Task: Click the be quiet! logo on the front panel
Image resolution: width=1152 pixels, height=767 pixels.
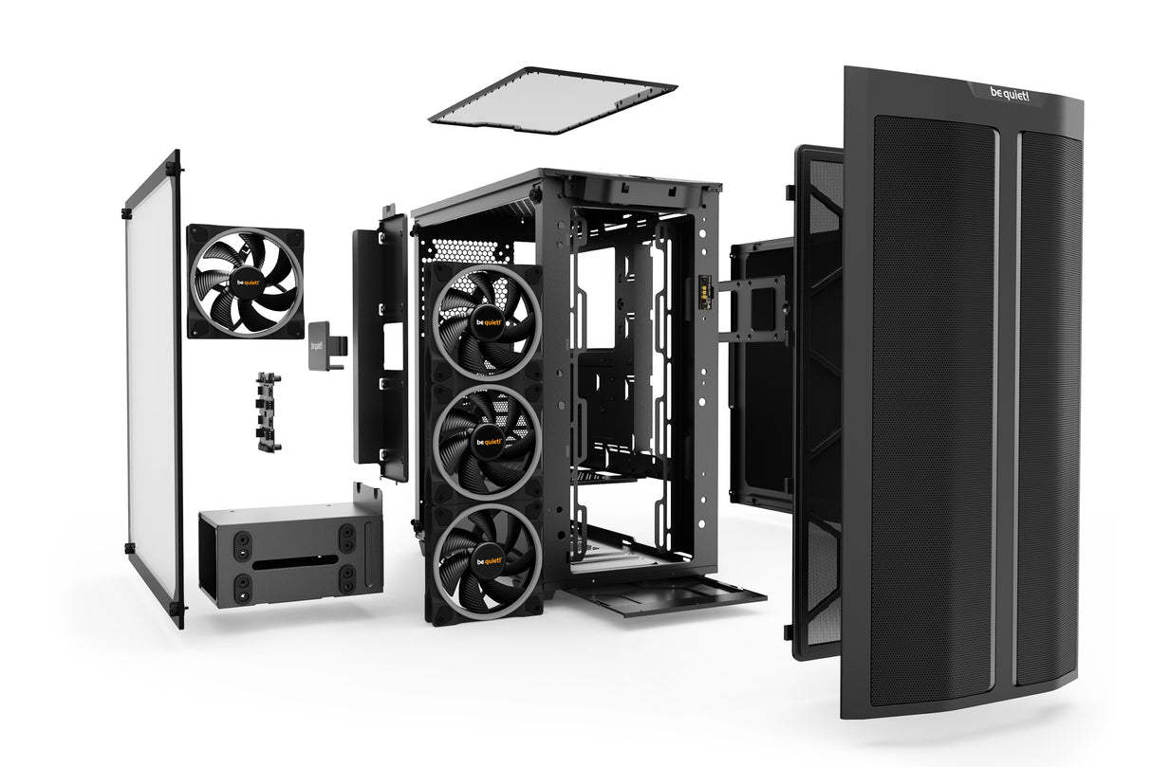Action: click(1008, 95)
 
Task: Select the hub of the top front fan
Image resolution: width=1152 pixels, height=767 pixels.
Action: click(486, 321)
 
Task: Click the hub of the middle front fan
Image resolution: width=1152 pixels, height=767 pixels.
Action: click(487, 442)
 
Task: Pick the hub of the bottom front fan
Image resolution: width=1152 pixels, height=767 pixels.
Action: click(487, 559)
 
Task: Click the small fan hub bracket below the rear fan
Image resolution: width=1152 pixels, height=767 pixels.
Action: click(269, 411)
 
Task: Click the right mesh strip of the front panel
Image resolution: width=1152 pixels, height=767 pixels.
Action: click(1048, 408)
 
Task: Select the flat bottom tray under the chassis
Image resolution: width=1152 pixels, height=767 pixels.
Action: click(664, 596)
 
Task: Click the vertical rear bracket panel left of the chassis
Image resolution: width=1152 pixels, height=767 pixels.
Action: click(381, 341)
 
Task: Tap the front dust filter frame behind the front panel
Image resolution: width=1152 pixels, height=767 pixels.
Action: click(818, 398)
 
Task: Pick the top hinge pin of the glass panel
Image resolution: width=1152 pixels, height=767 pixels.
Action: click(172, 169)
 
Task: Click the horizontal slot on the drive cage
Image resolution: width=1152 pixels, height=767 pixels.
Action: click(295, 558)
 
